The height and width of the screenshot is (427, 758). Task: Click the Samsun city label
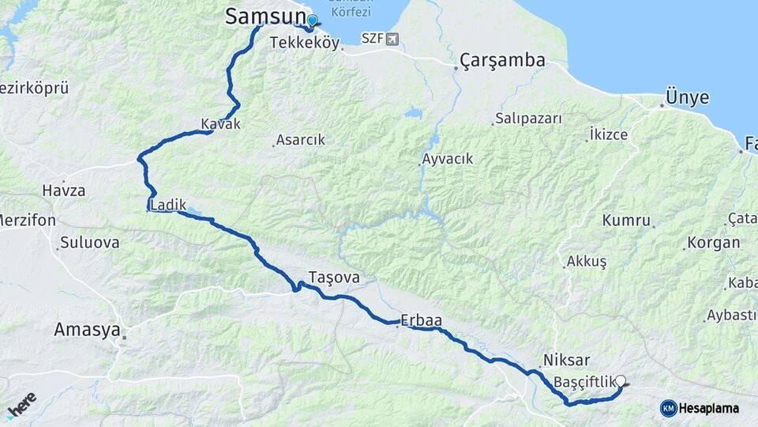[x=265, y=15]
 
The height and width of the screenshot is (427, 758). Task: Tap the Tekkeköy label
[x=304, y=43]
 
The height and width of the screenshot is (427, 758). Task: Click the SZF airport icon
[x=392, y=39]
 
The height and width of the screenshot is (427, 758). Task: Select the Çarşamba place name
[x=503, y=60]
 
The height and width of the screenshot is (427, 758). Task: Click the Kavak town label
[x=220, y=124]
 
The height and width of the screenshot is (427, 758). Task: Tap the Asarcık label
[x=301, y=140]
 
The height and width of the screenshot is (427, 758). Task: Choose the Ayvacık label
[x=448, y=158]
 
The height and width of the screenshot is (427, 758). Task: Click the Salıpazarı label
[x=528, y=119]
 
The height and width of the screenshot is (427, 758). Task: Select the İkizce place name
[x=609, y=134]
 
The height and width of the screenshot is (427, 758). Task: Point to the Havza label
[x=65, y=191]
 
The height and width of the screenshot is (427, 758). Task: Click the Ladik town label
[x=167, y=206]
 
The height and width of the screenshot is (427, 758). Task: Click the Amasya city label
[x=87, y=330]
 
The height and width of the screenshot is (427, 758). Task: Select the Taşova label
[x=334, y=278]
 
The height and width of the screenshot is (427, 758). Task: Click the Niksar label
[x=567, y=358]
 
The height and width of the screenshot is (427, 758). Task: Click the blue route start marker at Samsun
[x=312, y=21]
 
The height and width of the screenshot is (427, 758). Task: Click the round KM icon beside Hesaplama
[x=668, y=408]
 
